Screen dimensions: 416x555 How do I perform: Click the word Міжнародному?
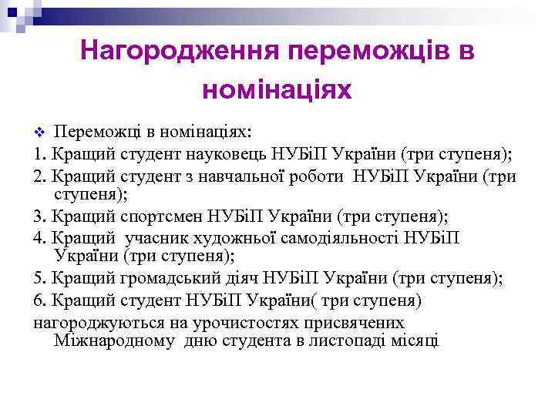click(x=117, y=340)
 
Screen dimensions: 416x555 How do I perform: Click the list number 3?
click(x=39, y=216)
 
